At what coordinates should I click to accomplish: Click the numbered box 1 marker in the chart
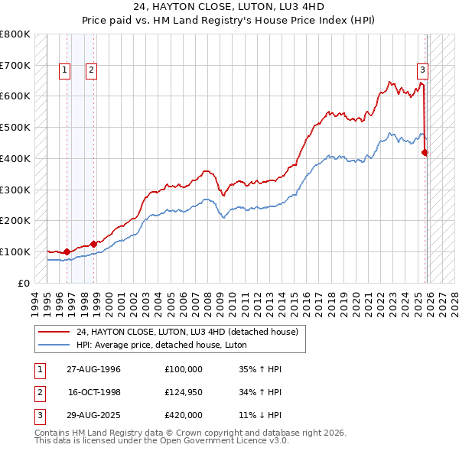coord(64,70)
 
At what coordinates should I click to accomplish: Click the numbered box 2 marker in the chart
coord(91,70)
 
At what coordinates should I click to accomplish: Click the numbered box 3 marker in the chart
coord(422,70)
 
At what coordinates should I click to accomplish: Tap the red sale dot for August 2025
coord(425,152)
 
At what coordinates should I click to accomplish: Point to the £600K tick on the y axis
coord(15,96)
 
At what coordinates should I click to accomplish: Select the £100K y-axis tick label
coord(15,251)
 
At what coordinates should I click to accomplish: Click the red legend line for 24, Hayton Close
coord(54,332)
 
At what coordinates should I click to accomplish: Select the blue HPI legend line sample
coord(54,345)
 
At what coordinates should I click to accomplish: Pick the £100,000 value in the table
coord(184,369)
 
